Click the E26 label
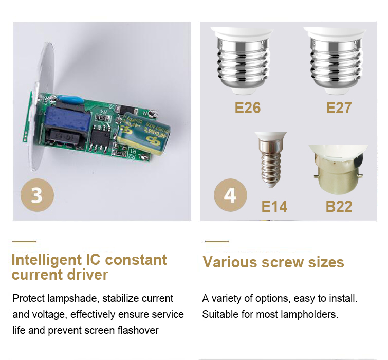click(x=248, y=107)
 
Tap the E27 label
click(x=339, y=107)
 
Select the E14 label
click(x=274, y=206)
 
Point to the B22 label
click(x=339, y=206)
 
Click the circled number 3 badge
click(x=37, y=195)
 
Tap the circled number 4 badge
click(x=230, y=195)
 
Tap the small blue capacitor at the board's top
click(x=70, y=100)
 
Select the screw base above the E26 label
click(x=242, y=61)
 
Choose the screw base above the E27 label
click(x=335, y=61)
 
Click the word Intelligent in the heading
click(x=47, y=260)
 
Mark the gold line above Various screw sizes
click(x=217, y=241)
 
